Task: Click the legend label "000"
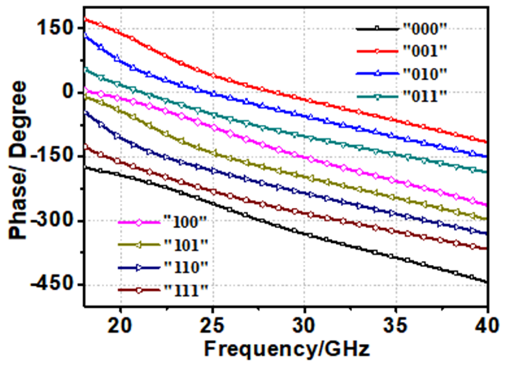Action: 425,29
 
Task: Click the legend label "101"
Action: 186,245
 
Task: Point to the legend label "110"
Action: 186,267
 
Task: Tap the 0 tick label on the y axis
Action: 68,92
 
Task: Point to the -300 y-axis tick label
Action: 51,221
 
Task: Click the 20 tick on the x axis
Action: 120,325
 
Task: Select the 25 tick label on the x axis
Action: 212,325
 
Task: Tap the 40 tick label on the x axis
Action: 487,325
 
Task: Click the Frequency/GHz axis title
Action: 287,349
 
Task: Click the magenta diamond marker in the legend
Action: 139,223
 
